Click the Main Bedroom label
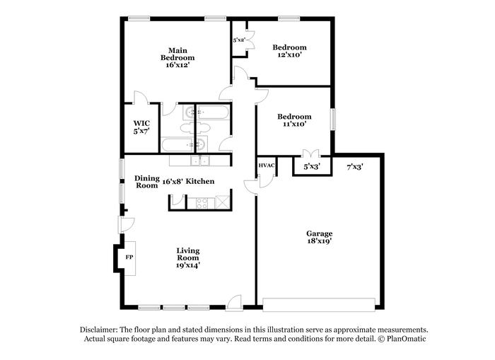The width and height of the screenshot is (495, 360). click(x=177, y=54)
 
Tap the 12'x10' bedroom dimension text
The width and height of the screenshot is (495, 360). click(x=290, y=54)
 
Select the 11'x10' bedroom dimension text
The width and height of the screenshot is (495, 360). click(x=294, y=124)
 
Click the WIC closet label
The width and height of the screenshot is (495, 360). click(x=141, y=123)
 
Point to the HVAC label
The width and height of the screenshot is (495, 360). click(x=267, y=166)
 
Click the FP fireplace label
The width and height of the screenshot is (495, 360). click(x=129, y=257)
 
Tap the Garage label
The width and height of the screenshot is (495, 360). click(x=319, y=233)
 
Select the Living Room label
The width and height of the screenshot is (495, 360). click(x=188, y=254)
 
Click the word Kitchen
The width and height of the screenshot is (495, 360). click(x=200, y=181)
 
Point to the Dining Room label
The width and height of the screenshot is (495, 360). click(x=147, y=182)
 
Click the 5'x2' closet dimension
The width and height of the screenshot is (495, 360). click(x=239, y=40)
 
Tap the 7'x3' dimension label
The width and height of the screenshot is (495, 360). click(x=355, y=167)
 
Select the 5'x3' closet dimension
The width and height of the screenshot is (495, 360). click(x=312, y=166)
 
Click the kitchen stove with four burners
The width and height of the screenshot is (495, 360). click(x=202, y=203)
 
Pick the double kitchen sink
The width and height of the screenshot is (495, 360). click(x=200, y=161)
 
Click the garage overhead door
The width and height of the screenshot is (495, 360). click(x=319, y=305)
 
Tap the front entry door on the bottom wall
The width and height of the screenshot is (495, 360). click(x=233, y=304)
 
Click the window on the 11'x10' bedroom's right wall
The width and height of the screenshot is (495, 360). click(x=333, y=119)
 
